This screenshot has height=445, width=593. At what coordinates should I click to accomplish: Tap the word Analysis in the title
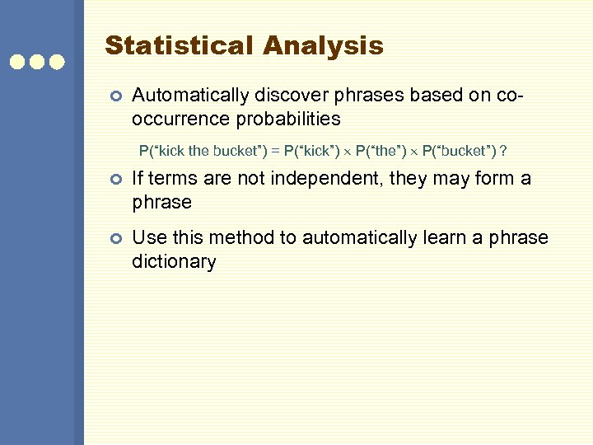coord(324,45)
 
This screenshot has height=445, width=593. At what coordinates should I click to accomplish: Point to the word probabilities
coord(289,119)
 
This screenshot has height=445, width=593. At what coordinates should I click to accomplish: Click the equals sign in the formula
coord(275,152)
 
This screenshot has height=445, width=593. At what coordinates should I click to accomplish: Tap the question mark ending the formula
coord(503,152)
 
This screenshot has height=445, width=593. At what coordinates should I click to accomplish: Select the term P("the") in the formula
coord(381,152)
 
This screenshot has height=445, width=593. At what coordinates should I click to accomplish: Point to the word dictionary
coord(174,262)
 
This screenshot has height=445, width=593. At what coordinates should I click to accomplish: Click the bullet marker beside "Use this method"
coord(115,239)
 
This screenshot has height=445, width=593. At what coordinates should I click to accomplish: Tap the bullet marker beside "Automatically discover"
coord(115,96)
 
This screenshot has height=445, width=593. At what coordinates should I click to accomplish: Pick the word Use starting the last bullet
coord(147,238)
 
